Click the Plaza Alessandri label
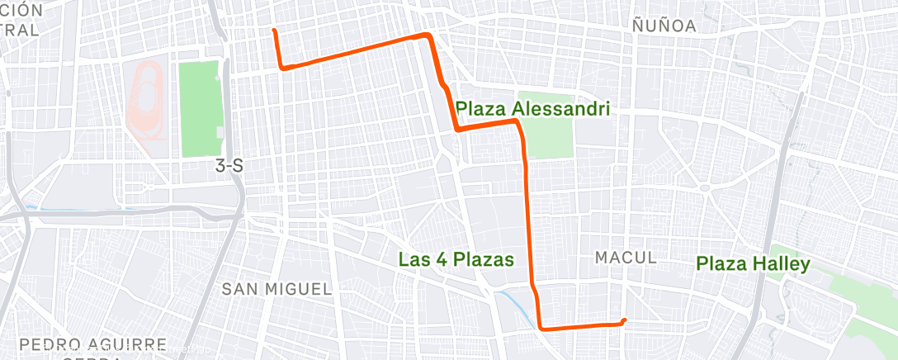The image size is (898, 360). (x=532, y=108)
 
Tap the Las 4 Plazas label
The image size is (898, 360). (x=456, y=259)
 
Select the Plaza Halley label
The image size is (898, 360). (x=753, y=264)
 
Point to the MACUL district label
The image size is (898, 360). (x=626, y=258)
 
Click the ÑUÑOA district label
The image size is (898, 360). (x=664, y=26)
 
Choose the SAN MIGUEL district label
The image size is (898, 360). (x=276, y=288)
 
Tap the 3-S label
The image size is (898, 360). (x=229, y=166)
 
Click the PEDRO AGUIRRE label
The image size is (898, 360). (x=93, y=344)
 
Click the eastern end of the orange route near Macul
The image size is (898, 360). (x=625, y=320)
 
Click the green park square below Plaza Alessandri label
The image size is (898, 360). (x=550, y=136)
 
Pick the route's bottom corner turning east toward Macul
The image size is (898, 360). (x=542, y=327)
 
